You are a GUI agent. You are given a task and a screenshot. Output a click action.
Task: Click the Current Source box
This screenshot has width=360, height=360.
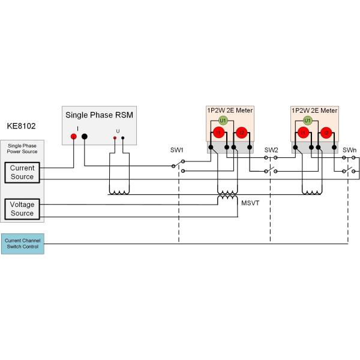pos(22,172)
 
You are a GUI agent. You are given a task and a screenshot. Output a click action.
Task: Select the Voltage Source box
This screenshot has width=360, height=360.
pos(22,209)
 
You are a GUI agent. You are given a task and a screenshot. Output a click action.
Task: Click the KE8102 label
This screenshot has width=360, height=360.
pos(22,127)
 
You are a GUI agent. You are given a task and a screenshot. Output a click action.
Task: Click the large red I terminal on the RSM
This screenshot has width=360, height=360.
pos(74,137)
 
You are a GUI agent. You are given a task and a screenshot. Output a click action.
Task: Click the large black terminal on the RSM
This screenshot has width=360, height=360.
pos(85,137)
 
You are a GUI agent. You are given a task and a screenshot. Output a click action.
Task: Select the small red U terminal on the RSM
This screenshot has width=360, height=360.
pos(115,137)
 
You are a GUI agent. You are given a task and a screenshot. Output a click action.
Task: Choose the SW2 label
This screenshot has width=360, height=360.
pos(271,150)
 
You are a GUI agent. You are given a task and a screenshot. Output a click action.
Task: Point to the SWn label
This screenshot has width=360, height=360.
pos(349,150)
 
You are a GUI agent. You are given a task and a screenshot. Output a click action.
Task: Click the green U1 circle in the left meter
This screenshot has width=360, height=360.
pos(223,121)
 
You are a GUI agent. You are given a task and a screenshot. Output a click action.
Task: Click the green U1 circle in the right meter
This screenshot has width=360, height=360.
pos(307,121)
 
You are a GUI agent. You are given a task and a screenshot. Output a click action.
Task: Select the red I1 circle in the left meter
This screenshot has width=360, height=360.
pos(218,133)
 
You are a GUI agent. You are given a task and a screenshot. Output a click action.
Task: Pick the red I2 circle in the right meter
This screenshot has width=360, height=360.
pos(326,133)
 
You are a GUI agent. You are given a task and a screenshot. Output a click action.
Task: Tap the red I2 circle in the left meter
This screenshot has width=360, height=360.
pos(241,133)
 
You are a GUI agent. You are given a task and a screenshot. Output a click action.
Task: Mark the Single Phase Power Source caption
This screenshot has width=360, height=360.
pos(22,149)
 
